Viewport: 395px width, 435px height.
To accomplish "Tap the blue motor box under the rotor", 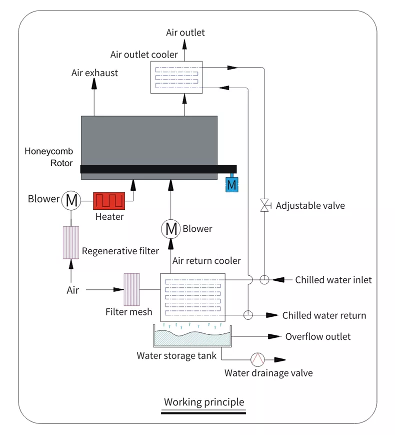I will pyautogui.click(x=231, y=185).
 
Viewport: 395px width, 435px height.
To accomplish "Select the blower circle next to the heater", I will pyautogui.click(x=71, y=201).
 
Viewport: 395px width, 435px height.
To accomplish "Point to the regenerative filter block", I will pyautogui.click(x=71, y=242).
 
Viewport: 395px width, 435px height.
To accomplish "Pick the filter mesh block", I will pyautogui.click(x=131, y=289).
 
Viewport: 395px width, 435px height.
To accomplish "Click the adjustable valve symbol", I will pyautogui.click(x=264, y=205).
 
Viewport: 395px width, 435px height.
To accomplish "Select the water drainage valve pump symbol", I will pyautogui.click(x=257, y=359).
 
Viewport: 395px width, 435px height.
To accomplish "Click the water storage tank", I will pyautogui.click(x=192, y=336).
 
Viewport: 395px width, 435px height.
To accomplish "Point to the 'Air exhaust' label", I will pyautogui.click(x=94, y=73).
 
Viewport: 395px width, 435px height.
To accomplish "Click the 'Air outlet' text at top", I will pyautogui.click(x=185, y=33).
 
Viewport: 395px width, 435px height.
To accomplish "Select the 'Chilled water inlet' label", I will pyautogui.click(x=333, y=280).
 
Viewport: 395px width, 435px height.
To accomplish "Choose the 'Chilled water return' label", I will pyautogui.click(x=324, y=315).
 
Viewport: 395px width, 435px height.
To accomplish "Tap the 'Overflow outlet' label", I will pyautogui.click(x=318, y=336).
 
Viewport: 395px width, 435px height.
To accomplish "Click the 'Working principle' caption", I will pyautogui.click(x=204, y=402).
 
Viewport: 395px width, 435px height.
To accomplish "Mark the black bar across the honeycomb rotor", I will pyautogui.click(x=158, y=170).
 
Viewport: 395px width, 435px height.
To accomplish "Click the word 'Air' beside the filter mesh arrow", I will pyautogui.click(x=73, y=290).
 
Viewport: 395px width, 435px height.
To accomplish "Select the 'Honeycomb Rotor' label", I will pyautogui.click(x=48, y=157).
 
